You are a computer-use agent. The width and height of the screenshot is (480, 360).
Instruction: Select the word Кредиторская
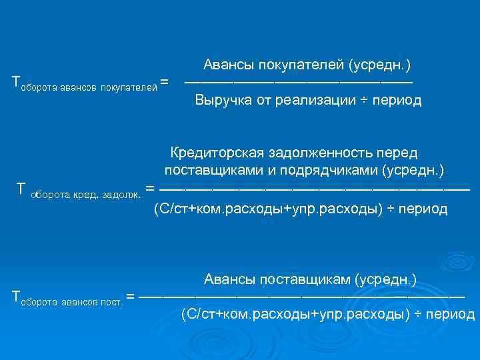coord(213,152)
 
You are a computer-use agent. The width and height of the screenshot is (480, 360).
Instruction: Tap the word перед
coord(397,152)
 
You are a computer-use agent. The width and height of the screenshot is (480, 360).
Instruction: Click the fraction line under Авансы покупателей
coord(299,82)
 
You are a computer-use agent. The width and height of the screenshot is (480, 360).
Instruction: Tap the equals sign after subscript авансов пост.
coord(131,295)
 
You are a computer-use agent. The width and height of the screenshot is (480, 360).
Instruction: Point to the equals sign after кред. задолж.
coord(150,189)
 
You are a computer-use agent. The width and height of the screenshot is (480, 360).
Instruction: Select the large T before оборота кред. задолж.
coord(21,189)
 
